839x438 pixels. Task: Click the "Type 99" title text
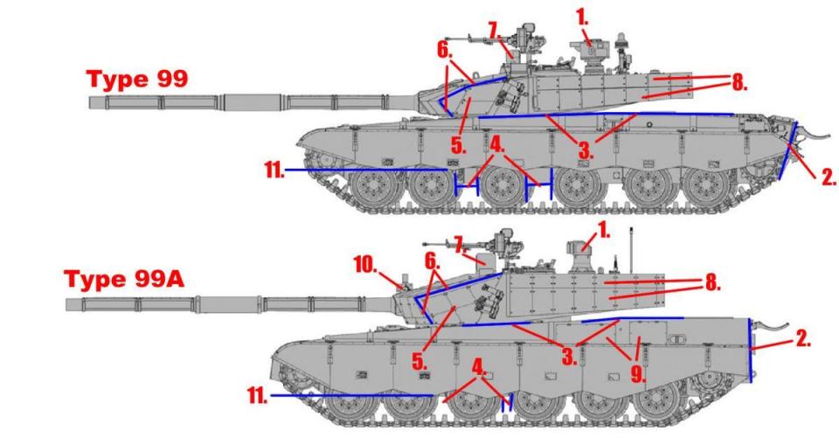point(137,79)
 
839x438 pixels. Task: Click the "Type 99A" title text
point(123,279)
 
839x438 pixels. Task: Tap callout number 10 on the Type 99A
point(366,265)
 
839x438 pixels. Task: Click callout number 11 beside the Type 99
point(274,170)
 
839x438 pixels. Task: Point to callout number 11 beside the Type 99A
point(257,396)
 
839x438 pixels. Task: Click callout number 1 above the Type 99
point(582,17)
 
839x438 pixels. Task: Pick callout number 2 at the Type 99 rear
point(829,177)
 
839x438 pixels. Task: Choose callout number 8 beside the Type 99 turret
point(739,83)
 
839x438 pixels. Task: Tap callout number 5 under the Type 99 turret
point(458,145)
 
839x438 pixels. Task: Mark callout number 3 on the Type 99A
point(569,356)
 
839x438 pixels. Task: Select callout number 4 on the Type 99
point(497,144)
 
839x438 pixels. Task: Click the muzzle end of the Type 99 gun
point(90,102)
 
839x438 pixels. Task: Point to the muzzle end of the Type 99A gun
point(67,304)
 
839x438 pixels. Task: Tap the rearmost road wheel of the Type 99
point(706,188)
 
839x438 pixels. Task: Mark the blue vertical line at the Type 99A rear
point(750,351)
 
